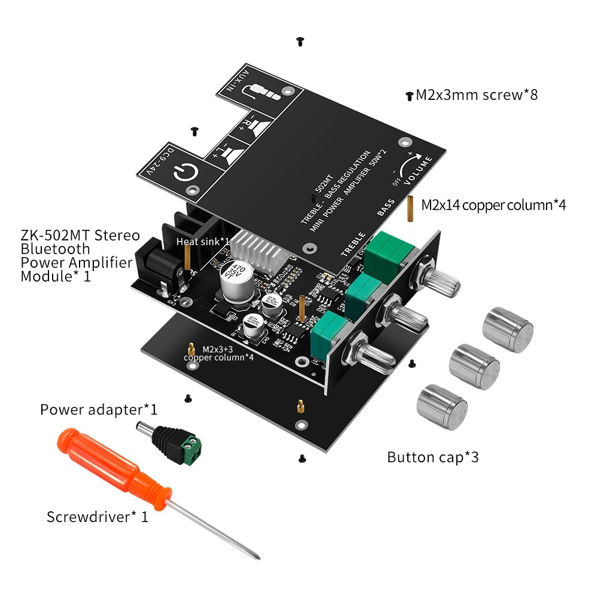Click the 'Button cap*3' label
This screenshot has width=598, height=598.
433,457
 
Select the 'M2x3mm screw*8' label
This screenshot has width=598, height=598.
477,94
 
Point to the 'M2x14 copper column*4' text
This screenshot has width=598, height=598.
493,205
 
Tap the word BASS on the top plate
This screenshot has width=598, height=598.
386,207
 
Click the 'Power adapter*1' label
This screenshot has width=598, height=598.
99,410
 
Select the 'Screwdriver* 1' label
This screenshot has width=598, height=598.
97,517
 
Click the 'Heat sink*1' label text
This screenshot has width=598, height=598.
203,241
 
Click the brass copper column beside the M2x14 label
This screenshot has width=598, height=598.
411,208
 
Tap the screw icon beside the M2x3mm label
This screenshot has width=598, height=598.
410,95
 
